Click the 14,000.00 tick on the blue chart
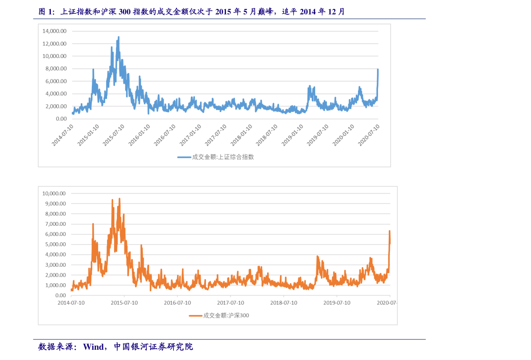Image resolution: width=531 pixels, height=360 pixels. [54, 31]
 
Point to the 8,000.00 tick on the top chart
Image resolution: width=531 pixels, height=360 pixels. [56, 69]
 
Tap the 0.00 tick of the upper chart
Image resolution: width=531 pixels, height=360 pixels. [61, 119]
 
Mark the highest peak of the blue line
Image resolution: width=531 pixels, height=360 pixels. [119, 37]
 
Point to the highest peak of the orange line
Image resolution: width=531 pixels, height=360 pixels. [119, 199]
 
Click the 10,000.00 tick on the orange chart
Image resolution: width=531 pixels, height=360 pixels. [54, 194]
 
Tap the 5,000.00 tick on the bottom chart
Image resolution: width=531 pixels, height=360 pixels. [55, 244]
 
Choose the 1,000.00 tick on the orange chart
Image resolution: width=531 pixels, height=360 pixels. [55, 285]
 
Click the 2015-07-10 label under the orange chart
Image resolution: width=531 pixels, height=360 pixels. [124, 302]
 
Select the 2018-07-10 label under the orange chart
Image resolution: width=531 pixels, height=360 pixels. [284, 302]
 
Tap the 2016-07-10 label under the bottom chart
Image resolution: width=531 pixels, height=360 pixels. [177, 302]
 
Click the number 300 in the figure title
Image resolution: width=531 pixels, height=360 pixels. [125, 12]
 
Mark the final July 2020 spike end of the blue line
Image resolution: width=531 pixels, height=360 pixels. [378, 70]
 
